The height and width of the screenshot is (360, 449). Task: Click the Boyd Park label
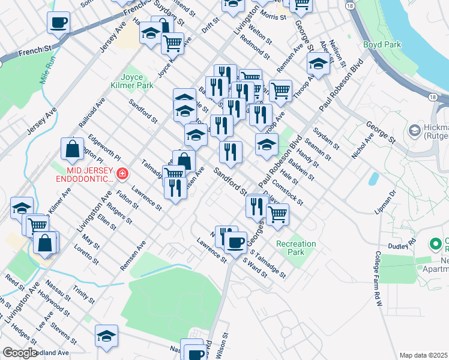click(381, 45)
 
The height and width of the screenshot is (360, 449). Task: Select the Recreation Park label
click(296, 248)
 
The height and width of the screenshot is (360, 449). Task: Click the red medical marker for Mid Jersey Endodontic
click(122, 174)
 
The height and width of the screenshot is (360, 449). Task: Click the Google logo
click(20, 353)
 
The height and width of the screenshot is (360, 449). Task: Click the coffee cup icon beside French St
click(58, 23)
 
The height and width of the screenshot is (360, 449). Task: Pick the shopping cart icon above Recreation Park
click(277, 214)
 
